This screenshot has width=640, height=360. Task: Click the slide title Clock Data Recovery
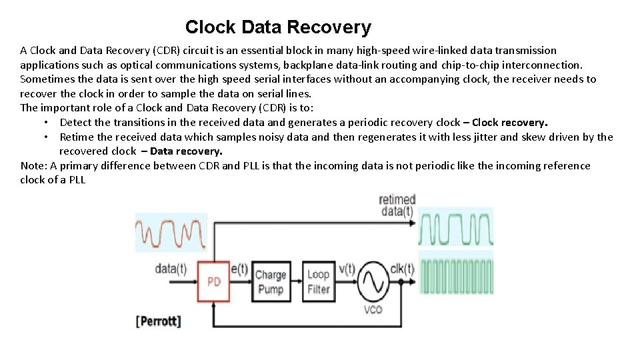point(278,27)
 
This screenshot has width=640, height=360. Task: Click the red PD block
point(213,281)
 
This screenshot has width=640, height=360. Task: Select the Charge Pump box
point(270,281)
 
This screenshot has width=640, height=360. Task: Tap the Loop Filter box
point(318,281)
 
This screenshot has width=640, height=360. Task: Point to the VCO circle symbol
point(373,283)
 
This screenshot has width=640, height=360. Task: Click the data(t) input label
point(171,269)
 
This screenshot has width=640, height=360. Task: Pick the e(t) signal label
point(239,269)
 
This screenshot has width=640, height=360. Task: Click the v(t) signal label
point(347,269)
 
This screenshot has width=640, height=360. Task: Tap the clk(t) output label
point(402,269)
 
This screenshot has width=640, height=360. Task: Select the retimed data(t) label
point(397,205)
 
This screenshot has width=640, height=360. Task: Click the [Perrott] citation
point(158,321)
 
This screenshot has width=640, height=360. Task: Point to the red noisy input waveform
point(170,234)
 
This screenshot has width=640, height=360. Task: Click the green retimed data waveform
point(456,229)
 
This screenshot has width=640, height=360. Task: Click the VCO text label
point(373,310)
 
